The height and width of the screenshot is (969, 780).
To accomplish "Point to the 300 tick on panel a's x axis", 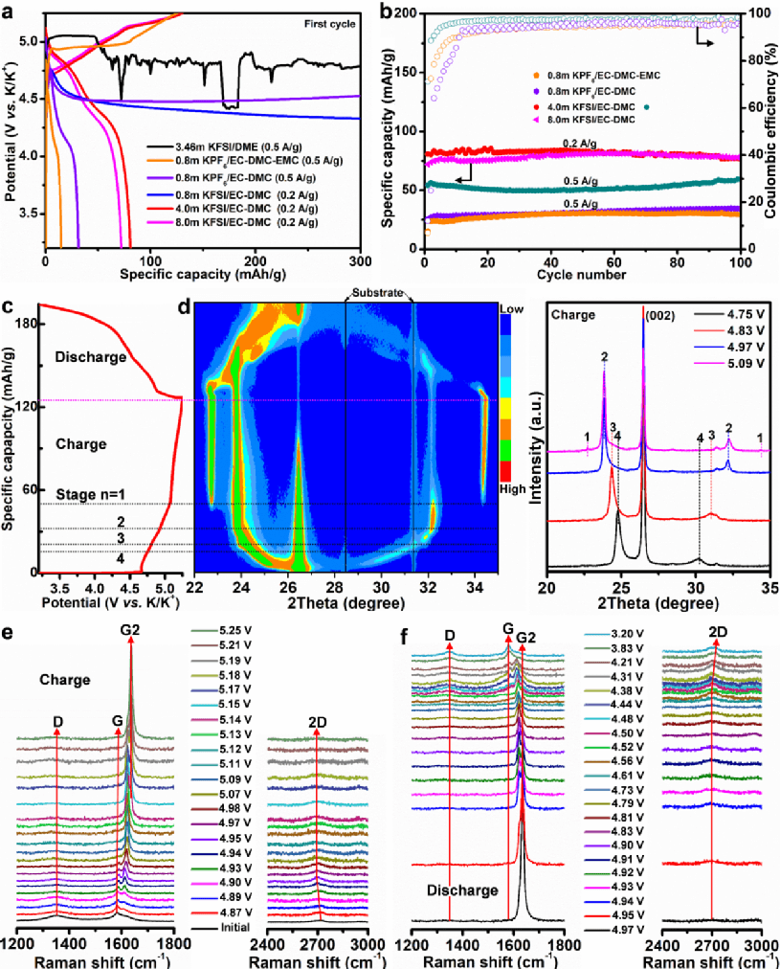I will coord(359,259).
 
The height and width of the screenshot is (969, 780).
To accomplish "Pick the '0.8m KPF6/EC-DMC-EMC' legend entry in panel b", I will coord(593,74).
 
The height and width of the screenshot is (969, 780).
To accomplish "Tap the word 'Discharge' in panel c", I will coord(91,357).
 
